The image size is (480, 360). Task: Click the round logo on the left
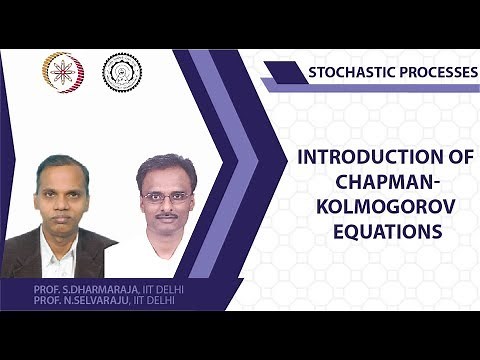[62, 72]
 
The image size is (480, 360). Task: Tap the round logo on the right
[122, 72]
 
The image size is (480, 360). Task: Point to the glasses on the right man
[165, 196]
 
